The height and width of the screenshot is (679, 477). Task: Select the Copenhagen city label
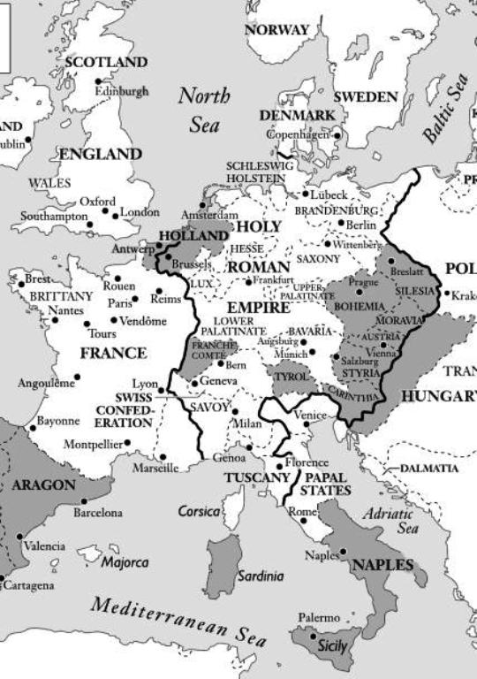pyautogui.click(x=299, y=134)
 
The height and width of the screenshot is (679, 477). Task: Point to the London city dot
pyautogui.click(x=115, y=212)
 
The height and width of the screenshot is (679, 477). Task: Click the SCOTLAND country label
pyautogui.click(x=106, y=63)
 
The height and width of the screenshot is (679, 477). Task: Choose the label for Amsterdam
pyautogui.click(x=209, y=216)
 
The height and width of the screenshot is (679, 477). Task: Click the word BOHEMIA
pyautogui.click(x=359, y=307)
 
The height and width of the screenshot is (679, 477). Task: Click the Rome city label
pyautogui.click(x=302, y=512)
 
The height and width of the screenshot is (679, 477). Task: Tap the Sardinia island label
pyautogui.click(x=261, y=576)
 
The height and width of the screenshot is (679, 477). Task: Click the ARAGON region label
pyautogui.click(x=43, y=485)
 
